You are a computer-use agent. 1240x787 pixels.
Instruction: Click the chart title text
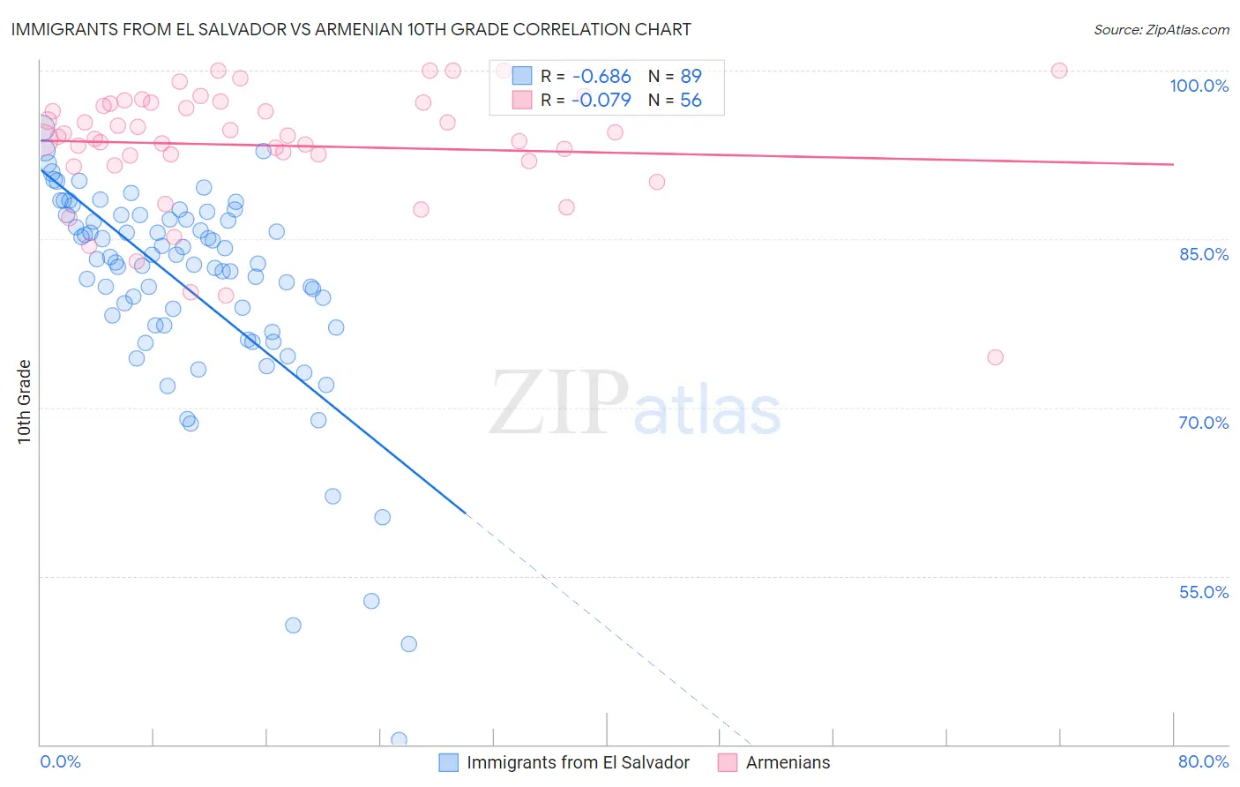351,29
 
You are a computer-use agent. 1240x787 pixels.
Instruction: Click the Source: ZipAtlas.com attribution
1162,29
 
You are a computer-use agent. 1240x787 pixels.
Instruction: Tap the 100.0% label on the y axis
1199,86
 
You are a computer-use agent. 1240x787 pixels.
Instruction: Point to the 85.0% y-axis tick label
1203,254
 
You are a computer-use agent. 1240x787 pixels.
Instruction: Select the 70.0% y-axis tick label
1203,423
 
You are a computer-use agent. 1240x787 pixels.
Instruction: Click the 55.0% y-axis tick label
1203,592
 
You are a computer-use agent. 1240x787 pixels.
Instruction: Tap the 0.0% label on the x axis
60,761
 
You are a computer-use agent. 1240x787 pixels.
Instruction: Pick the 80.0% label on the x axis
1203,761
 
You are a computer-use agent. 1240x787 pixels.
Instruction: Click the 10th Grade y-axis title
25,401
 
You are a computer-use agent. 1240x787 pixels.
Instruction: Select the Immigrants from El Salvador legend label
578,762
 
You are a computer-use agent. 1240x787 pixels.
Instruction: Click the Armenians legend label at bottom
788,762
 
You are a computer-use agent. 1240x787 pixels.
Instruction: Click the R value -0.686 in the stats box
601,77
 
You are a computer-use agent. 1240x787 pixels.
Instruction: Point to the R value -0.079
601,101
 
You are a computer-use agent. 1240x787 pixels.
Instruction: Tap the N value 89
691,77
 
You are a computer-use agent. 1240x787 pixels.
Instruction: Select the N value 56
691,101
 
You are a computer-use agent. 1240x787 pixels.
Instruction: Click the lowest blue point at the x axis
399,740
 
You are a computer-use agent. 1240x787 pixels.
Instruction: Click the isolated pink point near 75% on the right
995,357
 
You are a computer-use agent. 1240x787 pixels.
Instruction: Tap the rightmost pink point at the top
1059,71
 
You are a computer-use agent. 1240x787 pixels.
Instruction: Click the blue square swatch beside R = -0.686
522,76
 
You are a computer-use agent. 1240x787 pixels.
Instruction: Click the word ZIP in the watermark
559,403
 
